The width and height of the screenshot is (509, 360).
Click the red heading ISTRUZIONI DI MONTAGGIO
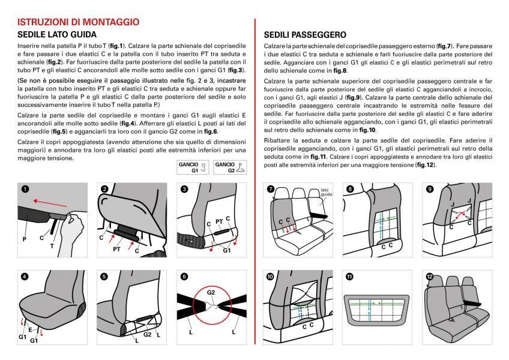(x=79, y=22)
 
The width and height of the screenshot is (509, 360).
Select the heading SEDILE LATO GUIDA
(x=57, y=35)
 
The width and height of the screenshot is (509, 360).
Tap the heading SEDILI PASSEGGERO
(x=305, y=35)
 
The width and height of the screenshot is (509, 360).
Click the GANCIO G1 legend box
(x=192, y=167)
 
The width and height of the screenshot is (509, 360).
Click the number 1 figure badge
(x=25, y=188)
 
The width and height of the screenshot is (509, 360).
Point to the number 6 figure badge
(x=182, y=277)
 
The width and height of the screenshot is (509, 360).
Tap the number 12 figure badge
(x=430, y=277)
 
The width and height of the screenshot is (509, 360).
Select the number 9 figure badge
(x=430, y=188)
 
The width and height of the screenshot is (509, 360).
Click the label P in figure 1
(x=25, y=239)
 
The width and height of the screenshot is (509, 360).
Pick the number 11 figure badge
(x=350, y=277)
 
